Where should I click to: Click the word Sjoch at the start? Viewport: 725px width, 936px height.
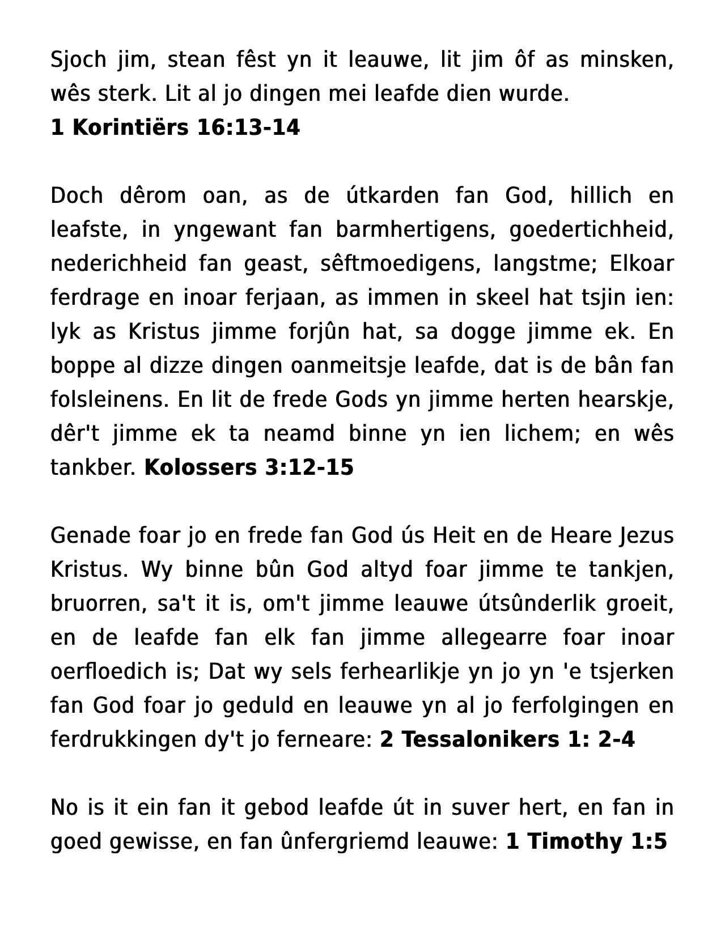coord(78,59)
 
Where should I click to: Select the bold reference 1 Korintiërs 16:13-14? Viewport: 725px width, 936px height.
coord(175,128)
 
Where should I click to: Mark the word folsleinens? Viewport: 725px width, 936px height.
coord(110,399)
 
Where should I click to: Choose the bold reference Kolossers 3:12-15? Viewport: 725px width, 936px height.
coord(249,468)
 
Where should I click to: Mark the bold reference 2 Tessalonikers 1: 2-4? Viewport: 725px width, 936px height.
coord(507,740)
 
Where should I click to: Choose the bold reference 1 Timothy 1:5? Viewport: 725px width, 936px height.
coord(586,842)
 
